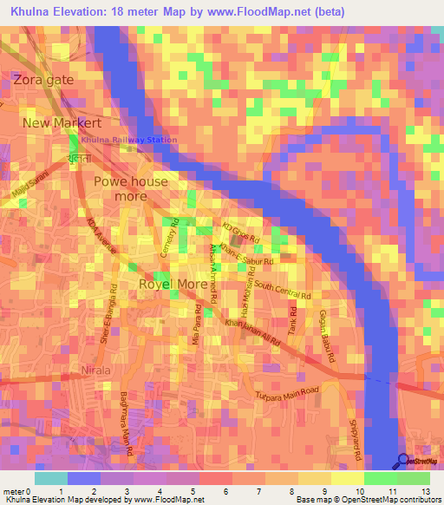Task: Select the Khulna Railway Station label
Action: tap(129, 140)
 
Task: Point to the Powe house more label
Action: tap(131, 188)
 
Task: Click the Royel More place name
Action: tap(173, 284)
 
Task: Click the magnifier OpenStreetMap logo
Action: tap(403, 462)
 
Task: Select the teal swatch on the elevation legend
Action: tap(50, 477)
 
